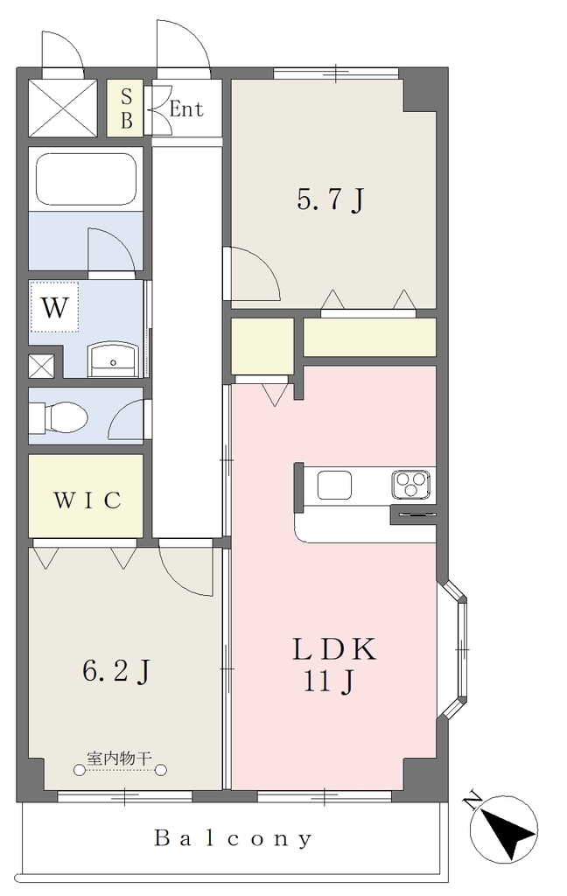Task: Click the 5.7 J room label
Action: (x=331, y=200)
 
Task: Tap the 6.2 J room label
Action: (x=116, y=670)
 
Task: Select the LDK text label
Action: (x=334, y=650)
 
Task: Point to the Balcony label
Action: (x=234, y=838)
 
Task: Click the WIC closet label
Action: (x=87, y=500)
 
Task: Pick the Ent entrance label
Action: (x=186, y=108)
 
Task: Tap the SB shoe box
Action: (x=126, y=108)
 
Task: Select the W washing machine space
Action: (x=54, y=307)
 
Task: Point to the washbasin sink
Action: (x=113, y=360)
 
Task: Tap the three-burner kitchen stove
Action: (x=410, y=485)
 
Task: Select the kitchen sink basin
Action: (x=334, y=485)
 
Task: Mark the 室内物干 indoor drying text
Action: (x=120, y=759)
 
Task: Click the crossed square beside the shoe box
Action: (x=63, y=108)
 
